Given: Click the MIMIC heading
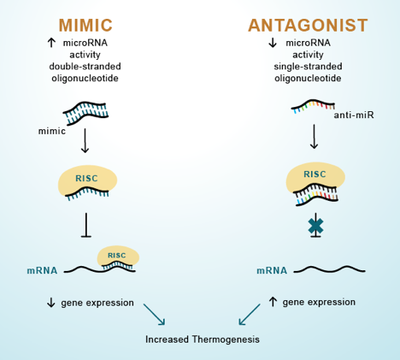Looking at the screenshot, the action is pyautogui.click(x=85, y=25).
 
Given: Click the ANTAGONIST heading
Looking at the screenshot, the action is pyautogui.click(x=308, y=25).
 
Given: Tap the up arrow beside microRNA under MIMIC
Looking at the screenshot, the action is pyautogui.click(x=51, y=43).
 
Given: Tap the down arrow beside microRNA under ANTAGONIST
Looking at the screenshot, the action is pyautogui.click(x=273, y=43).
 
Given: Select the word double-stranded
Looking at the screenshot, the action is pyautogui.click(x=85, y=67).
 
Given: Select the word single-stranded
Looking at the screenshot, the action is pyautogui.click(x=308, y=67).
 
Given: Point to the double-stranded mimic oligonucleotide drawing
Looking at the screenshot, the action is pyautogui.click(x=85, y=113).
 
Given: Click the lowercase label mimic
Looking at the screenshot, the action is pyautogui.click(x=52, y=131).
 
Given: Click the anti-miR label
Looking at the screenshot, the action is pyautogui.click(x=354, y=115).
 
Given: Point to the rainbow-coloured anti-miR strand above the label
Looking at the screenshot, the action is pyautogui.click(x=313, y=106).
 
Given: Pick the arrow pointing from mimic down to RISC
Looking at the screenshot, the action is pyautogui.click(x=85, y=140).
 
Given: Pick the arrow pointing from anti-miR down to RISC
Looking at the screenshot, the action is pyautogui.click(x=314, y=136).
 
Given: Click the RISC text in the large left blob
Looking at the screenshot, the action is pyautogui.click(x=86, y=179).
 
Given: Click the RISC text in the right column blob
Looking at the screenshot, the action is pyautogui.click(x=315, y=174).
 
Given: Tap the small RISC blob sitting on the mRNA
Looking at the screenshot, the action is pyautogui.click(x=118, y=257).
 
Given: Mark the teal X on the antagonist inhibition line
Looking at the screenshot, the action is pyautogui.click(x=315, y=227).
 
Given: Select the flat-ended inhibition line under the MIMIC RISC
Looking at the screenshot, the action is pyautogui.click(x=86, y=225).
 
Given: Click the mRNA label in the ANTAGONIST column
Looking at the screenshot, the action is pyautogui.click(x=272, y=270).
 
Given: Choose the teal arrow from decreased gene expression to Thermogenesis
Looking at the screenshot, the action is pyautogui.click(x=154, y=315).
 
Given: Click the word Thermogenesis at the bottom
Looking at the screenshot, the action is pyautogui.click(x=226, y=339).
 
